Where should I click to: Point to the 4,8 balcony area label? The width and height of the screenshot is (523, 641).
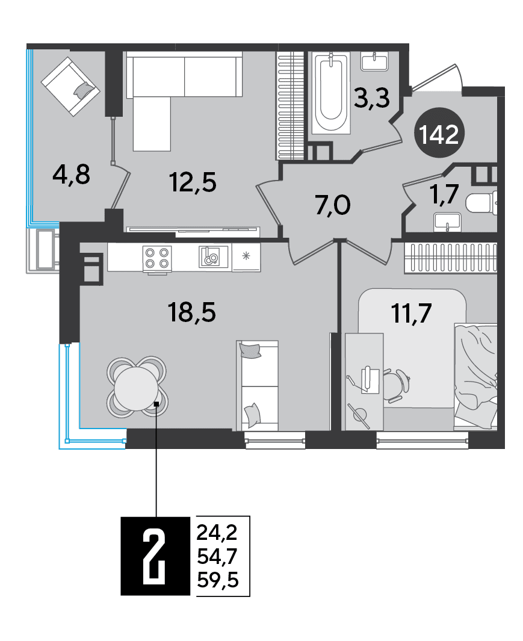71,175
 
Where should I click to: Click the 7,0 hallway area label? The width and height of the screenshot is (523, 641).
332,205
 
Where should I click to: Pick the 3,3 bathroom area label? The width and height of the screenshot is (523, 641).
372,98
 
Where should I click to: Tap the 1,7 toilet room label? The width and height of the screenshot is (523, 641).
444,194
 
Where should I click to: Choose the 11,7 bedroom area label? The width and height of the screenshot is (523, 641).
412,314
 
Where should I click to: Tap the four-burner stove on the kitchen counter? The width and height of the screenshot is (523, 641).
157,258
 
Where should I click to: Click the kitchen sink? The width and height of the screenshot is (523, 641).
213,257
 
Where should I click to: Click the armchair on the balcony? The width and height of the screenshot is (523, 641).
70,87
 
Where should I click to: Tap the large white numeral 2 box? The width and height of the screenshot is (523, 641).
155,556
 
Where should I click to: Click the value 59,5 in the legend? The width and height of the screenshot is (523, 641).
217,580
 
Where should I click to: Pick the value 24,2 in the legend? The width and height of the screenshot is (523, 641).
217,532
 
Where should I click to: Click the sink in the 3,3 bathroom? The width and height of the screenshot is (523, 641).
374,61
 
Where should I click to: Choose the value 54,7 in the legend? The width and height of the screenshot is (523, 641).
217,556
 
